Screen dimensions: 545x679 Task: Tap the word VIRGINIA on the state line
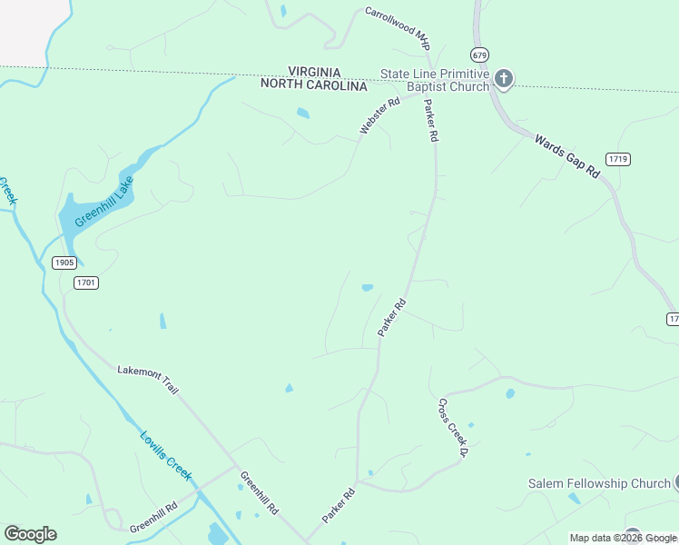(314, 72)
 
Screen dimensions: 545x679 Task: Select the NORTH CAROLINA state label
(313, 85)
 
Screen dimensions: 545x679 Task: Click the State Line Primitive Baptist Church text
(435, 80)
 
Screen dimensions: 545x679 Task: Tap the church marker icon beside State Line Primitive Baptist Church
(504, 80)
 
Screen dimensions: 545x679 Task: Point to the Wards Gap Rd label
(568, 155)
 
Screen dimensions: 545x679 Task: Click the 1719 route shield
(618, 159)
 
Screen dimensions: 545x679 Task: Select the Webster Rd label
(379, 117)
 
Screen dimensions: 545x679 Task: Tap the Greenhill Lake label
(103, 202)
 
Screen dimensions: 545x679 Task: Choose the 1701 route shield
(86, 282)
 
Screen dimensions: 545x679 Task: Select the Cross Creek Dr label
(451, 427)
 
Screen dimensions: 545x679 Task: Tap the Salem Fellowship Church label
(599, 483)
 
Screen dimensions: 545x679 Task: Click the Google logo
(30, 534)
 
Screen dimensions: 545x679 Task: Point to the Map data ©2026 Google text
(624, 538)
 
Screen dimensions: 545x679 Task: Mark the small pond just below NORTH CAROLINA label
(302, 114)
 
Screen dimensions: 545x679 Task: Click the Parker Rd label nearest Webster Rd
(430, 121)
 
